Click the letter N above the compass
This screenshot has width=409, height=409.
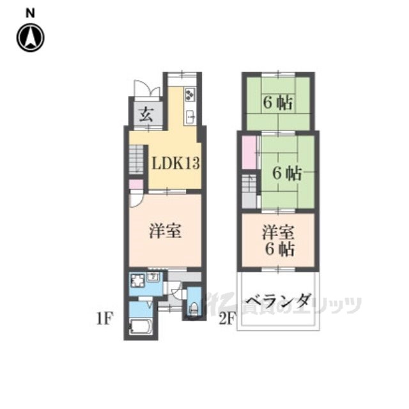(x=30, y=12)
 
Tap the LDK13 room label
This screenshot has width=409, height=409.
(x=175, y=164)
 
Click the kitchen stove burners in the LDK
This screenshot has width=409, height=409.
(x=190, y=95)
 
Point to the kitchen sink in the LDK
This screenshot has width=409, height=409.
(x=190, y=116)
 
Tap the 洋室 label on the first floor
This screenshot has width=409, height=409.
(x=165, y=231)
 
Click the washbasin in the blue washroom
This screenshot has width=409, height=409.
(x=153, y=277)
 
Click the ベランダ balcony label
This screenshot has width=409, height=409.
(x=278, y=300)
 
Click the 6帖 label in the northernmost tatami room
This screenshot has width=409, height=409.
(x=278, y=102)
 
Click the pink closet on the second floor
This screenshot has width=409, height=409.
(x=249, y=153)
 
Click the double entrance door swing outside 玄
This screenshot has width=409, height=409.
(x=142, y=89)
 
